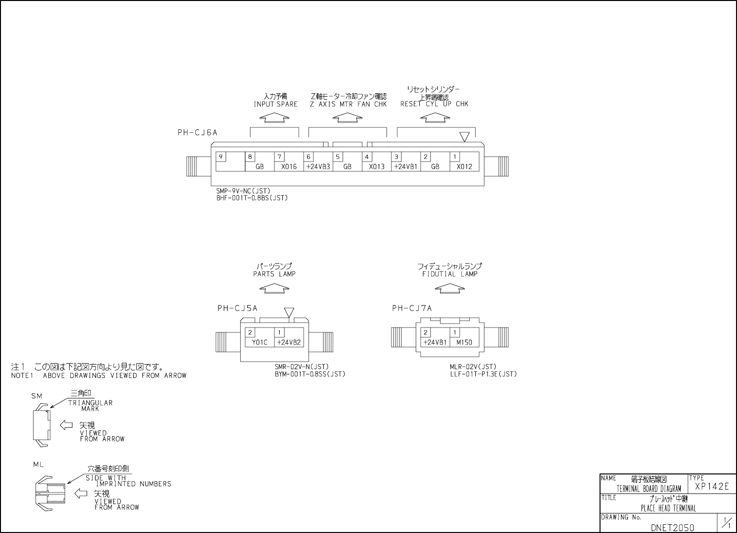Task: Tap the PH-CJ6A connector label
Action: [197, 132]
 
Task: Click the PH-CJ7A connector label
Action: [412, 308]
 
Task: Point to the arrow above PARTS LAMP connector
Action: [274, 289]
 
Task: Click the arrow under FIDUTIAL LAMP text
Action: [449, 289]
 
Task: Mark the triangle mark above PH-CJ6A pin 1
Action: [465, 136]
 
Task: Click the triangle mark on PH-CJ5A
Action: [289, 312]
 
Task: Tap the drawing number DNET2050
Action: [672, 528]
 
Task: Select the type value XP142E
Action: [712, 487]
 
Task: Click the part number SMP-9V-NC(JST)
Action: [243, 191]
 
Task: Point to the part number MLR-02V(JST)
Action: [473, 367]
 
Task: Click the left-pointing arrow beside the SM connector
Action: [66, 425]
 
